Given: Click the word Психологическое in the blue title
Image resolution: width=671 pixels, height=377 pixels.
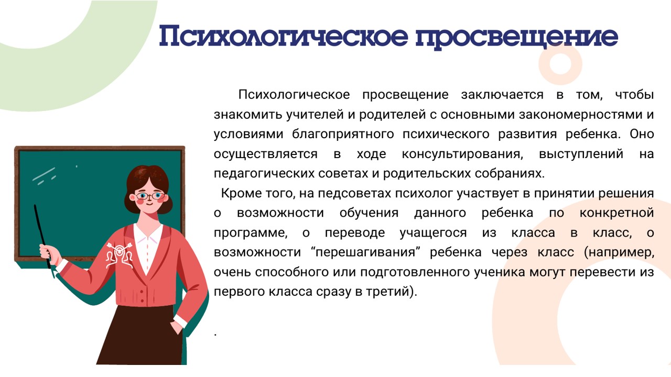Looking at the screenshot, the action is pyautogui.click(x=284, y=36).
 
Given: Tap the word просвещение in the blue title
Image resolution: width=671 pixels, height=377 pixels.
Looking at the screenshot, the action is pyautogui.click(x=517, y=38).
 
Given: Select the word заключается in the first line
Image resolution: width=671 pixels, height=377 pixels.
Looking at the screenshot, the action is pyautogui.click(x=502, y=95).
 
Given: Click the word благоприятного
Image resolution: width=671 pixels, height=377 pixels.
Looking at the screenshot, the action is pyautogui.click(x=343, y=135).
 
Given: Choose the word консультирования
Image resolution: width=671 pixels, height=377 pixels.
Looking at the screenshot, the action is pyautogui.click(x=462, y=154).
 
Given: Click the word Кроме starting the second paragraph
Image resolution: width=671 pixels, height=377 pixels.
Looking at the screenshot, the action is pyautogui.click(x=241, y=193).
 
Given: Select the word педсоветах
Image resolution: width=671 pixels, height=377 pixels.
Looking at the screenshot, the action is pyautogui.click(x=354, y=194).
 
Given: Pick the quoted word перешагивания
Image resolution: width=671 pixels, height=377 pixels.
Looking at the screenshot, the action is pyautogui.click(x=365, y=252).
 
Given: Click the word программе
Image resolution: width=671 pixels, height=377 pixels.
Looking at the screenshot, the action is pyautogui.click(x=251, y=233).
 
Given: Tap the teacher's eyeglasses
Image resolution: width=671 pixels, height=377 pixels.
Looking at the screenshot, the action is pyautogui.click(x=150, y=196).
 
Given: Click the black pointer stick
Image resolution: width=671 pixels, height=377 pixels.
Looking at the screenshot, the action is pyautogui.click(x=42, y=236).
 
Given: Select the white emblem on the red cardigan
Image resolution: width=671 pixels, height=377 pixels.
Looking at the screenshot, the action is pyautogui.click(x=120, y=255).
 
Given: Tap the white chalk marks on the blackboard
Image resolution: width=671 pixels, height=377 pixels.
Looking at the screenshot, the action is pyautogui.click(x=45, y=175).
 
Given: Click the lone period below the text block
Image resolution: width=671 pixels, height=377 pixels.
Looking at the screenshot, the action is pyautogui.click(x=215, y=335).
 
